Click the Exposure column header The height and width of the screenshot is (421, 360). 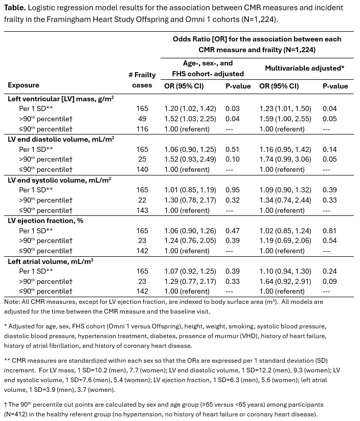24,85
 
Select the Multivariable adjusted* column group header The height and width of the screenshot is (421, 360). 304,68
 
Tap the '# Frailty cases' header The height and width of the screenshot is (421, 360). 142,80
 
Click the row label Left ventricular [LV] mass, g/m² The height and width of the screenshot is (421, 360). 60,98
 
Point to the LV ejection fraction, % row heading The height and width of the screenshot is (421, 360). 46,220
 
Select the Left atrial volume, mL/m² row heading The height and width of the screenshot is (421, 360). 50,261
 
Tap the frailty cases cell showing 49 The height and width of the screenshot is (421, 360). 142,119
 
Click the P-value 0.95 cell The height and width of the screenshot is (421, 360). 233,190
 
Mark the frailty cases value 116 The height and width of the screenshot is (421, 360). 142,129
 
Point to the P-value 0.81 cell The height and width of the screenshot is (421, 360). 330,230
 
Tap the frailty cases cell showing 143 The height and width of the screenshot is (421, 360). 142,210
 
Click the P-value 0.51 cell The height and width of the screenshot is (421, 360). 233,149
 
